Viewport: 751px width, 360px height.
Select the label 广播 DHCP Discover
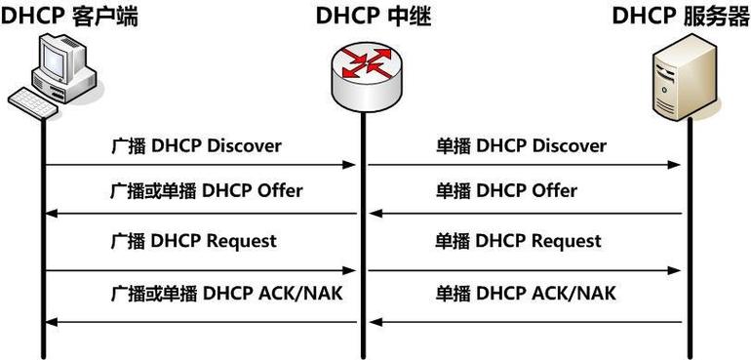click(x=195, y=146)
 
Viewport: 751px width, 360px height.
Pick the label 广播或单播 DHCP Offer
click(x=206, y=191)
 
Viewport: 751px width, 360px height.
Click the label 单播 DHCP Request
click(x=518, y=240)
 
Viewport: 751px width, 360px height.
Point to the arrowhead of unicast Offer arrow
click(x=375, y=214)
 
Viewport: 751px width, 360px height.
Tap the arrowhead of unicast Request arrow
click(x=673, y=269)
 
